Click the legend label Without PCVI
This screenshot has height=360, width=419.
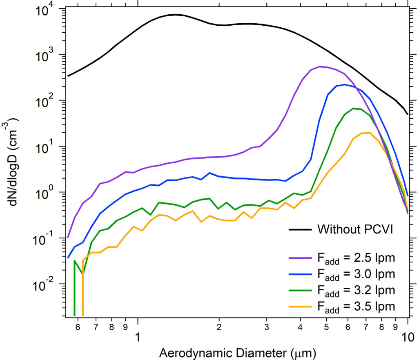355,229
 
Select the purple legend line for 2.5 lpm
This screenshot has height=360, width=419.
300,258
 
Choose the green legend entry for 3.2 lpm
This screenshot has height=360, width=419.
300,290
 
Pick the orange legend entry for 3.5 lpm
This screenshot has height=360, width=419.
300,307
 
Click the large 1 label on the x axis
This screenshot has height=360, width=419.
138,337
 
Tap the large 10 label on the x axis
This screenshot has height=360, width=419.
408,337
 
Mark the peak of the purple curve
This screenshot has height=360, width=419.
320,67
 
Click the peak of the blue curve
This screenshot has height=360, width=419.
345,84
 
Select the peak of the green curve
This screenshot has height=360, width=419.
353,108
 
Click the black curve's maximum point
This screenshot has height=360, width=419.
176,15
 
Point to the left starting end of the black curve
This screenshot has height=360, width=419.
68,76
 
